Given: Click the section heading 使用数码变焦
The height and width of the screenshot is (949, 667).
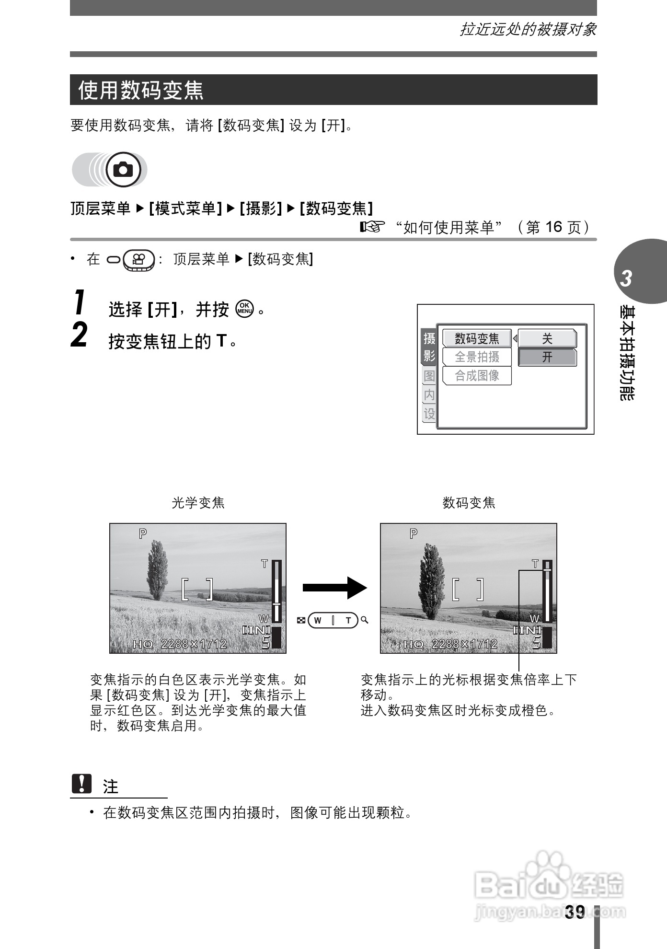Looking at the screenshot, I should coord(141,90).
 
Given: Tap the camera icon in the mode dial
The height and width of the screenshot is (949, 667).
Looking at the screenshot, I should coord(124,170).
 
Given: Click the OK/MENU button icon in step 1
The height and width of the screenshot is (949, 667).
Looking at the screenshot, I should coord(244,309).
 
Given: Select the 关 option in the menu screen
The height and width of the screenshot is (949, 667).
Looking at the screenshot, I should coord(547,339).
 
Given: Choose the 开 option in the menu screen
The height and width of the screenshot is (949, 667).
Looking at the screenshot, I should coord(547,357).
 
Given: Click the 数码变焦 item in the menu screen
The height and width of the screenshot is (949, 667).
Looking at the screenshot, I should coord(477,339).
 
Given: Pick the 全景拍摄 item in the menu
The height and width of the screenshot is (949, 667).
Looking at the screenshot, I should coord(477,357).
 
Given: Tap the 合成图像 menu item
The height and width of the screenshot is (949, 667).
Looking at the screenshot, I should coord(477,375).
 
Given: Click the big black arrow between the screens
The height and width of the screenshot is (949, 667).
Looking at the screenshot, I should coord(334,588).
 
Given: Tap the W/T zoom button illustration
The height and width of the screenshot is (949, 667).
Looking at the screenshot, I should coord(333,620).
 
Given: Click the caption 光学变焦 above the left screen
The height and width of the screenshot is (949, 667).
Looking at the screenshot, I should coord(198,503).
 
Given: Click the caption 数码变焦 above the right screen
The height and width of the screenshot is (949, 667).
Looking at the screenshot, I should coord(469,503).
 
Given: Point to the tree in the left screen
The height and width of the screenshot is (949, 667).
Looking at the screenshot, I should coord(158,570).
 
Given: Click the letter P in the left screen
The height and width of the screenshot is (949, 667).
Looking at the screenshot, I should coord(143,533).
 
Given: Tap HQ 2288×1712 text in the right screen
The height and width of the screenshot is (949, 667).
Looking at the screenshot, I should coord(450,644).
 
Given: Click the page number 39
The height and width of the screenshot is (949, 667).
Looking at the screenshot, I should coord(575,912).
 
